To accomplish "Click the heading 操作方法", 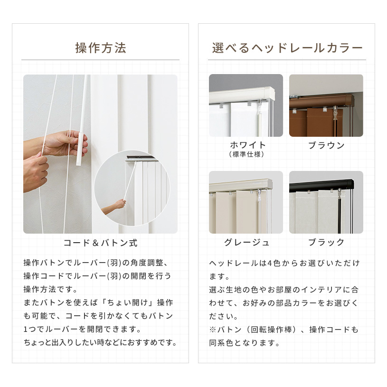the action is [101, 48].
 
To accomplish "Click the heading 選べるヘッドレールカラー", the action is [287, 48].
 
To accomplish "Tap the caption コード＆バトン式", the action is [101, 243].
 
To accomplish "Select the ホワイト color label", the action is [247, 145].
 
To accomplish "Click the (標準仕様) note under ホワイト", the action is [246, 154].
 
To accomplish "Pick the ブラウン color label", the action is [326, 145].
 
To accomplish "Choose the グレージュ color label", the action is [246, 242].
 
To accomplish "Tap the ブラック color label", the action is [326, 242].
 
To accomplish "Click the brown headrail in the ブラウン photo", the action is [321, 102].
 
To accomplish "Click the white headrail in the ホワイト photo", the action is [242, 94].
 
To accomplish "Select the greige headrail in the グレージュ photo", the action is [241, 185].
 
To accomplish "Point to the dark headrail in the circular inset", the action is [142, 158].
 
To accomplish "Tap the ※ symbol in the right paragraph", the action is [212, 330].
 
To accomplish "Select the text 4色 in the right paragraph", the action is [274, 264].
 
